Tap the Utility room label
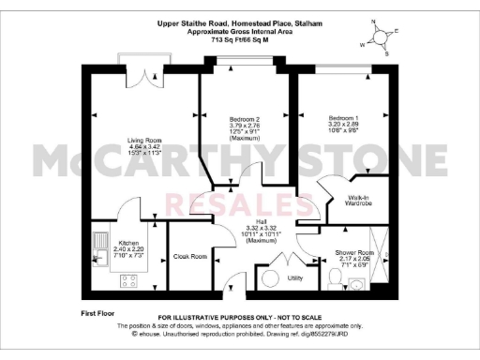coord(295,278)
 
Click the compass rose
coord(379,37)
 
